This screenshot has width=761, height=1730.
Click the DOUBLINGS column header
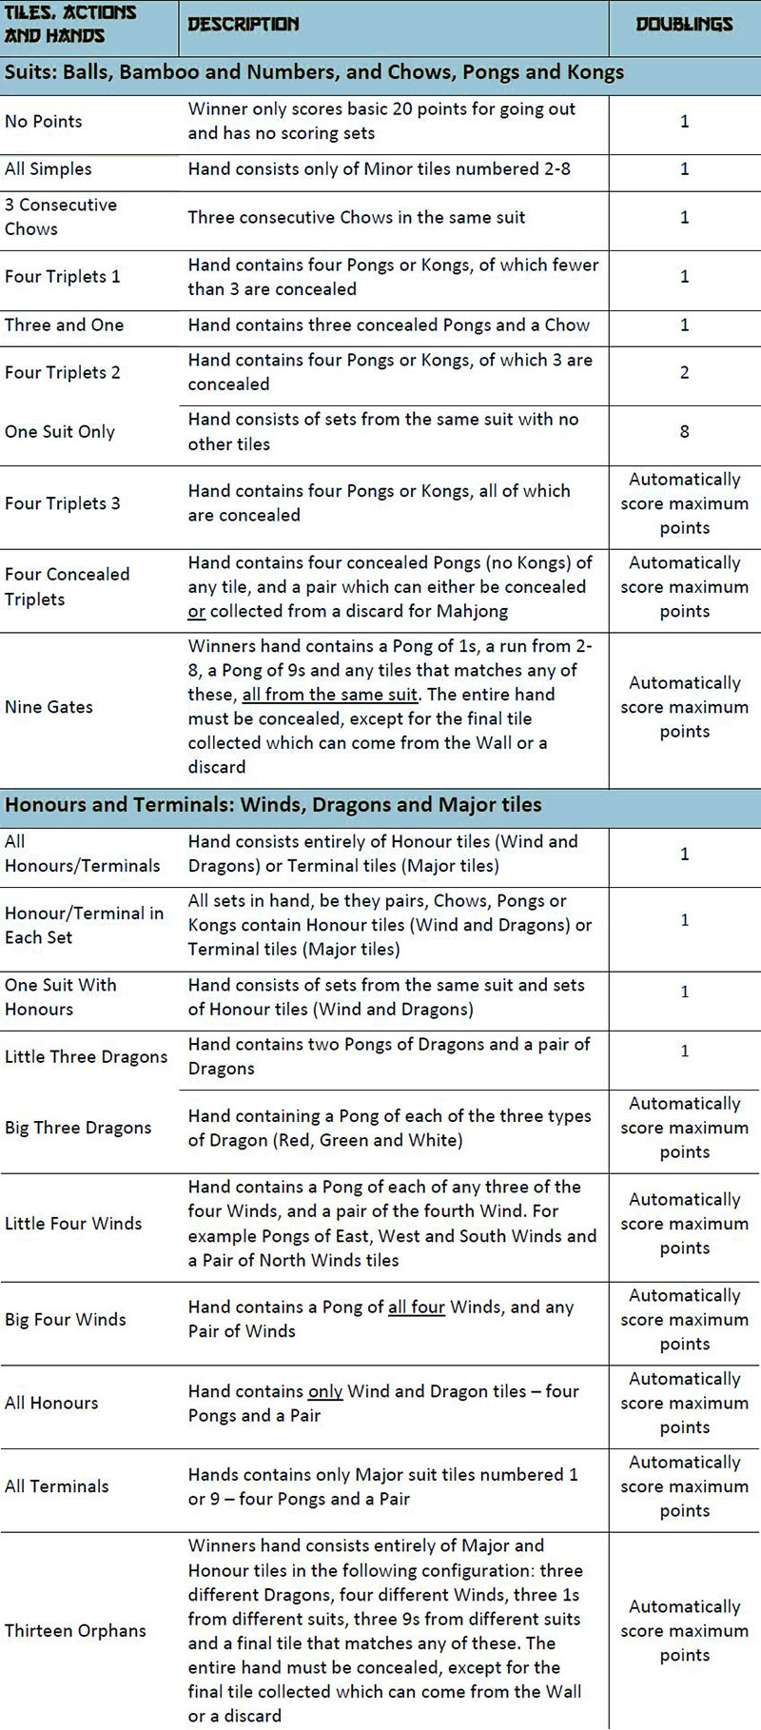[x=684, y=25]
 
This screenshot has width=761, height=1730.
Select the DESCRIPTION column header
[x=244, y=25]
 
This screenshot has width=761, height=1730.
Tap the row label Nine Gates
[x=49, y=707]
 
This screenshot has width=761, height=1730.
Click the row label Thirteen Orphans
[x=75, y=1630]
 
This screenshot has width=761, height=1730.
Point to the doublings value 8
[x=684, y=431]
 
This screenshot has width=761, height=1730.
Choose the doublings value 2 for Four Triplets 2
[x=684, y=372]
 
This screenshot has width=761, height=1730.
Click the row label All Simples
[x=49, y=168]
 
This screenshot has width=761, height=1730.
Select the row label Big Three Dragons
[x=78, y=1128]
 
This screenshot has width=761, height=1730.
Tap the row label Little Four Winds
[x=73, y=1223]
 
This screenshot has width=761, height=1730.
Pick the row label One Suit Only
[x=60, y=431]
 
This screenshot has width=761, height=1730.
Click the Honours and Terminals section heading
[x=273, y=805]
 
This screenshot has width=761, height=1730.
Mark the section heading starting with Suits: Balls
[x=314, y=72]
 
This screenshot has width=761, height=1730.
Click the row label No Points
[x=44, y=121]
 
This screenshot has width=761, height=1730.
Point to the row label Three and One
[x=65, y=324]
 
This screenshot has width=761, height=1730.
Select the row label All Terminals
[x=57, y=1485]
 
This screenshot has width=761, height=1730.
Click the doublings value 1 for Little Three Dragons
[x=684, y=1051]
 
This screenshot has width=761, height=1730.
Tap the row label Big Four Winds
[x=66, y=1319]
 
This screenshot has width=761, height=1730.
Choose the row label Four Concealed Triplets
[x=67, y=586]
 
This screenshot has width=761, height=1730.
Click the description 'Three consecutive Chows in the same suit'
[x=357, y=217]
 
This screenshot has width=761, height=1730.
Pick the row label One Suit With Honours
[x=61, y=996]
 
